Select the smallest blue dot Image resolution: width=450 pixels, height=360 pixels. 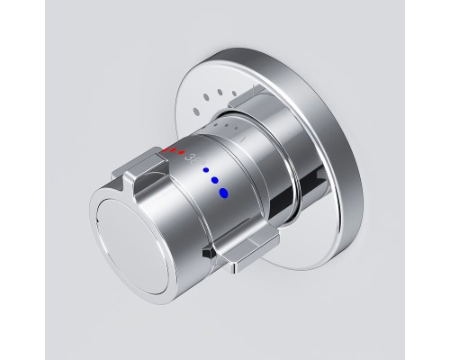[206, 169]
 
